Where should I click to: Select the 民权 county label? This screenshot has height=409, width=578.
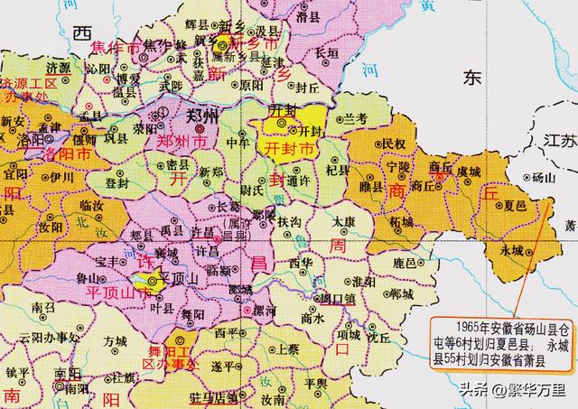point(394,144)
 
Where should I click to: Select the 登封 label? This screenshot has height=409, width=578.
point(117,182)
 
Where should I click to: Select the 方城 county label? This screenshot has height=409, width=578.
point(115,342)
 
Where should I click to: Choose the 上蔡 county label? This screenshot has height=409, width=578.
point(288,348)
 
